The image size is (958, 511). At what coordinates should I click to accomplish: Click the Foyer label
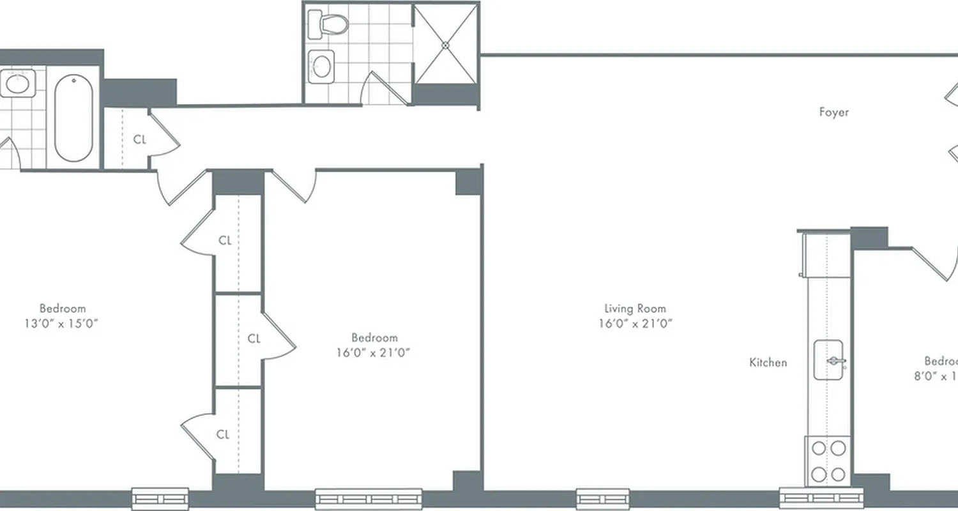click(834, 112)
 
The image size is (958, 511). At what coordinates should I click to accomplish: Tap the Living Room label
click(635, 309)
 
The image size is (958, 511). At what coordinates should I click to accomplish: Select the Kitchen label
click(768, 362)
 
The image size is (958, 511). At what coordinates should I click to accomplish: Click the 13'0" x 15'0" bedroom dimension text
click(61, 324)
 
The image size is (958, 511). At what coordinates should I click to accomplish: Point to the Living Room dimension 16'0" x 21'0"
click(635, 324)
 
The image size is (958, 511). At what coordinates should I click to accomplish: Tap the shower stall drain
click(445, 45)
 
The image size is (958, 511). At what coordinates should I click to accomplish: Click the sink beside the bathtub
click(17, 84)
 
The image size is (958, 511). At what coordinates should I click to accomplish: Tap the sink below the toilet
click(323, 65)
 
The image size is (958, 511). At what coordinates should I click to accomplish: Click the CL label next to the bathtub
click(140, 139)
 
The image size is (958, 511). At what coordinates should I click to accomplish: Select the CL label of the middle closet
click(254, 339)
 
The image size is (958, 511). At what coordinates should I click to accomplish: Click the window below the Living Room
click(602, 498)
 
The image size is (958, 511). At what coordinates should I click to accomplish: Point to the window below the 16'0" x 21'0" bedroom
click(369, 498)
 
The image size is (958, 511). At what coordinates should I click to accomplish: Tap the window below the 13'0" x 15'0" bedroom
click(160, 498)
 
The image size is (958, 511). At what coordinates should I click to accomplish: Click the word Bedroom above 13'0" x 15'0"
click(62, 309)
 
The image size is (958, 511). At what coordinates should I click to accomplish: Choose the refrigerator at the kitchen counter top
click(826, 256)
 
